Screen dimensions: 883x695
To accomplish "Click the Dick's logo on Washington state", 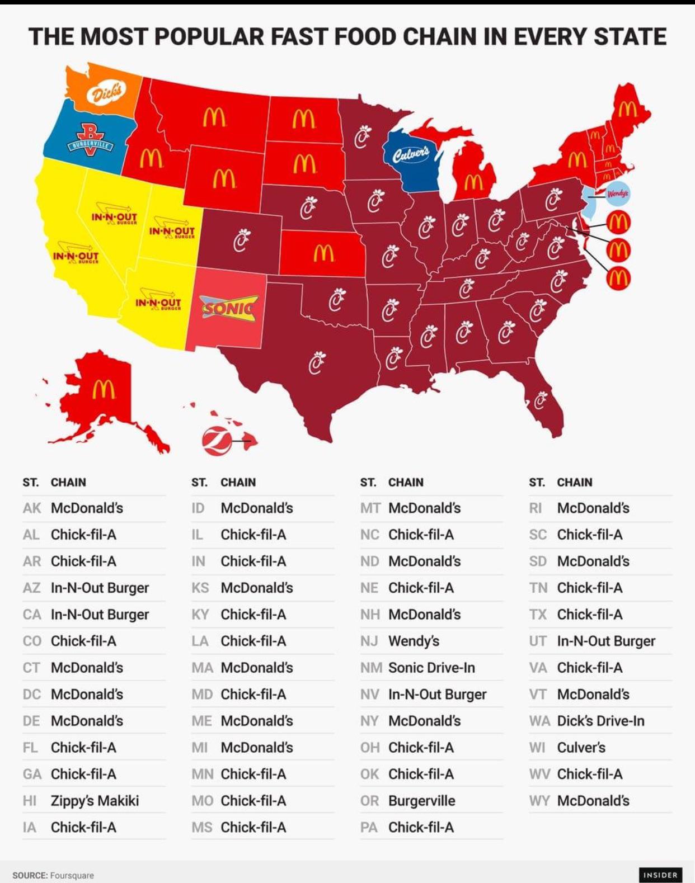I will (x=105, y=92).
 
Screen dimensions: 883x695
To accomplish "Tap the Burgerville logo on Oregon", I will (x=90, y=140).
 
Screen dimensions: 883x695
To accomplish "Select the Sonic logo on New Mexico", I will (x=229, y=308).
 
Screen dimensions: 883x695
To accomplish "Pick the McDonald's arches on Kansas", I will (x=323, y=253).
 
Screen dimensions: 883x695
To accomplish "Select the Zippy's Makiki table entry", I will (x=95, y=800).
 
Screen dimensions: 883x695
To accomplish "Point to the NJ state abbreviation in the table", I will (x=369, y=641).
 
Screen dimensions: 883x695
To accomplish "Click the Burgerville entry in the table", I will (x=421, y=800).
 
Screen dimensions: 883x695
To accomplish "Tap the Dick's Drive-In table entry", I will (x=600, y=721).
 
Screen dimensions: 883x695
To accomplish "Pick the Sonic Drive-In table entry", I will (x=431, y=668).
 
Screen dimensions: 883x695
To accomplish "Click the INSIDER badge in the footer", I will (x=660, y=875).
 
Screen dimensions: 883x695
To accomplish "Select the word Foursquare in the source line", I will (x=72, y=875).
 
